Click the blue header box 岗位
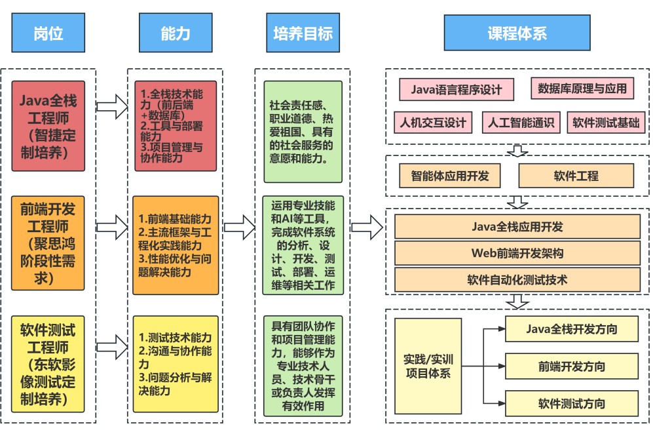point(48,33)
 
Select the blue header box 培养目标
point(303,33)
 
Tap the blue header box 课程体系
point(517,33)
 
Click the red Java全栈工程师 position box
point(48,126)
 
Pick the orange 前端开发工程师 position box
point(48,243)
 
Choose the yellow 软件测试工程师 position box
point(48,364)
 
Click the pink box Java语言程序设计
point(457,89)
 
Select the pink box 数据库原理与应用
point(582,89)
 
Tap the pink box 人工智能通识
point(521,122)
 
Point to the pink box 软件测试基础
point(606,122)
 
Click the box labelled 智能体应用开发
point(450,176)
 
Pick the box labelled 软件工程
point(576,176)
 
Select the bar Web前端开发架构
point(517,253)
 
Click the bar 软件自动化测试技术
point(517,280)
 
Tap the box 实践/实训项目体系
point(428,366)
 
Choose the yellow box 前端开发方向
point(571,366)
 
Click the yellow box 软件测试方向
point(571,403)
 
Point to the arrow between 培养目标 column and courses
point(367,227)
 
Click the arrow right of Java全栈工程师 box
point(112,107)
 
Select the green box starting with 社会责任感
point(303,132)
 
